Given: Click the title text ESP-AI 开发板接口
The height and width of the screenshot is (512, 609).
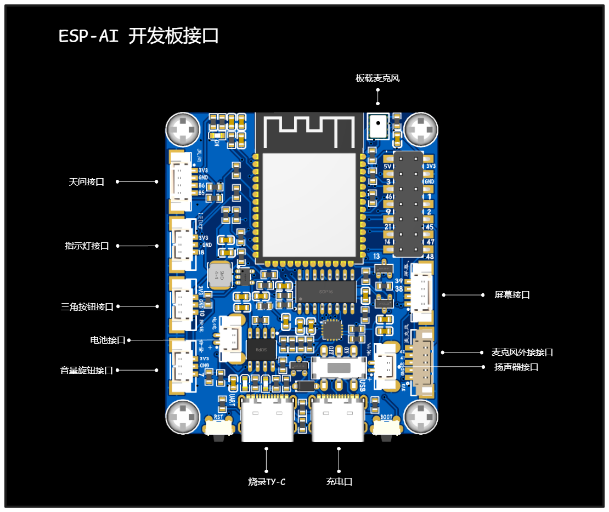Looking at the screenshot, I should (x=139, y=36).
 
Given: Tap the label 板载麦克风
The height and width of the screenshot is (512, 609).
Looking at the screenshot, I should (x=377, y=78).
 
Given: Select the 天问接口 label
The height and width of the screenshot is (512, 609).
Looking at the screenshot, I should (x=87, y=181).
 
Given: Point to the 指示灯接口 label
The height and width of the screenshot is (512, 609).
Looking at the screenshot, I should (x=87, y=246).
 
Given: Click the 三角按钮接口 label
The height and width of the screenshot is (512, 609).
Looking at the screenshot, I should (x=87, y=306).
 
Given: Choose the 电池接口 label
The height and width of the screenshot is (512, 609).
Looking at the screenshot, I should (x=108, y=340).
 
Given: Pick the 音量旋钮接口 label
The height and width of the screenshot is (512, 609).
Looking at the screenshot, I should (x=86, y=370).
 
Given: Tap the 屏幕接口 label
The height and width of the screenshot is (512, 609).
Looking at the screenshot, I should (x=512, y=295).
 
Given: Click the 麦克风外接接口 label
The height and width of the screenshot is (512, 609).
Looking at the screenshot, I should (x=522, y=352).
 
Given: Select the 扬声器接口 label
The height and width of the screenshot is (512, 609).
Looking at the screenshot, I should (x=516, y=367).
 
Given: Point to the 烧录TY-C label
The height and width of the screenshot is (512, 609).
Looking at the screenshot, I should (x=267, y=482).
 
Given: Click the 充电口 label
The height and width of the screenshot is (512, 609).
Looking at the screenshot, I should (x=339, y=482).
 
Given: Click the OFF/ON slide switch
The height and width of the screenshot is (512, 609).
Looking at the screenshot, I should (x=339, y=368).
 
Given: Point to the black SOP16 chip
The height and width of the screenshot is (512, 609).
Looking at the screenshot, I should (x=325, y=291).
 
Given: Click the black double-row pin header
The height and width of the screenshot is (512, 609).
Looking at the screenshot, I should (x=408, y=204).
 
